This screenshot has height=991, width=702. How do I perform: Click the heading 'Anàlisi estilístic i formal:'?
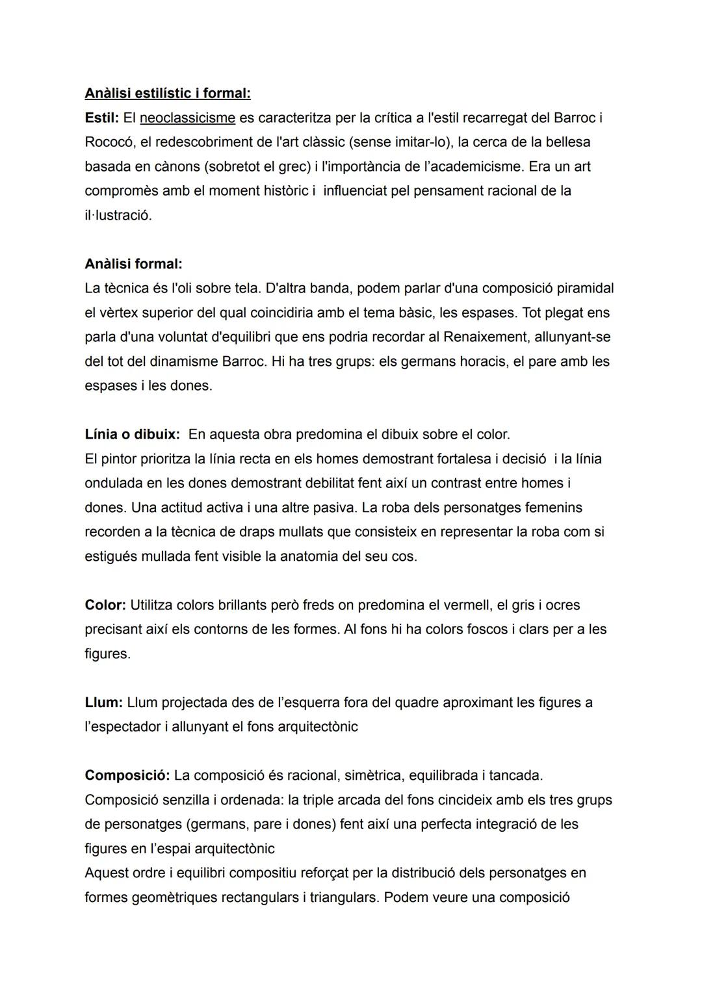pyautogui.click(x=167, y=94)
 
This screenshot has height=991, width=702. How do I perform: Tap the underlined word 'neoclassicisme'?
pyautogui.click(x=187, y=118)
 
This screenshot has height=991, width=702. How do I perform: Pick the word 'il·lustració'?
pyautogui.click(x=118, y=216)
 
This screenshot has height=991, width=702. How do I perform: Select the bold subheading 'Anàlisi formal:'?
pyautogui.click(x=133, y=264)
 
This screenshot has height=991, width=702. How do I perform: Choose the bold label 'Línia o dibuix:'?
pyautogui.click(x=132, y=434)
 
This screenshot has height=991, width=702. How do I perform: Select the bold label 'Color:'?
pyautogui.click(x=105, y=605)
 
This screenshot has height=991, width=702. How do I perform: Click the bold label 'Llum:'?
pyautogui.click(x=103, y=702)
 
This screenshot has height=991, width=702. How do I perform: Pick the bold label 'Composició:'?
pyautogui.click(x=127, y=775)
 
